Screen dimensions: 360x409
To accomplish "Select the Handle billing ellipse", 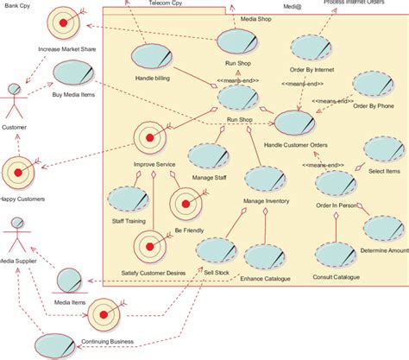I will pyautogui.click(x=152, y=58).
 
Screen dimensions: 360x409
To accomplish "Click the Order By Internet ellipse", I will pyautogui.click(x=309, y=49).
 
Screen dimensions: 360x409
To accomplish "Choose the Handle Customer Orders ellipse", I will pyautogui.click(x=293, y=124).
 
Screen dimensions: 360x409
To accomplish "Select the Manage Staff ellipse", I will pyautogui.click(x=207, y=156).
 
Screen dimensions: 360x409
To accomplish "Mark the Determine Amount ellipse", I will pyautogui.click(x=382, y=228).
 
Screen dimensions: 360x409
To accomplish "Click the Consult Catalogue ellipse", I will pyautogui.click(x=335, y=255).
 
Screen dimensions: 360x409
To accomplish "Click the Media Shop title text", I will pyautogui.click(x=255, y=17).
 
